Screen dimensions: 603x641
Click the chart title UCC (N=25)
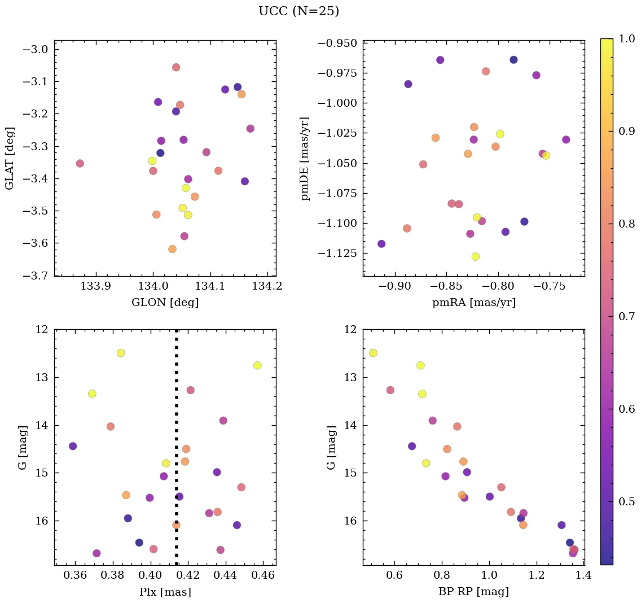click(298, 11)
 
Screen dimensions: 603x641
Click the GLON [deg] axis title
click(165, 303)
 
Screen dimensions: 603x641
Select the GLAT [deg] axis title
click(9, 158)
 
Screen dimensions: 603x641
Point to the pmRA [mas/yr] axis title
click(473, 303)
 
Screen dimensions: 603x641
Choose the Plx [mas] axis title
click(165, 592)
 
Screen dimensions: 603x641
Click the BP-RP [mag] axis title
click(473, 592)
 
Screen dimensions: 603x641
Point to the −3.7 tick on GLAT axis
click(36, 276)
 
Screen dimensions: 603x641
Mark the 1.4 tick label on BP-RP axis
click(583, 576)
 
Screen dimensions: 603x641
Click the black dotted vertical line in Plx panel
click(177, 446)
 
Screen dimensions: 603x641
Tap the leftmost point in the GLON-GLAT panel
click(80, 163)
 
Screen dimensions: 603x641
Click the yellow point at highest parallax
click(257, 365)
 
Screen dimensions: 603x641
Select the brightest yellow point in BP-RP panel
click(373, 353)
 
